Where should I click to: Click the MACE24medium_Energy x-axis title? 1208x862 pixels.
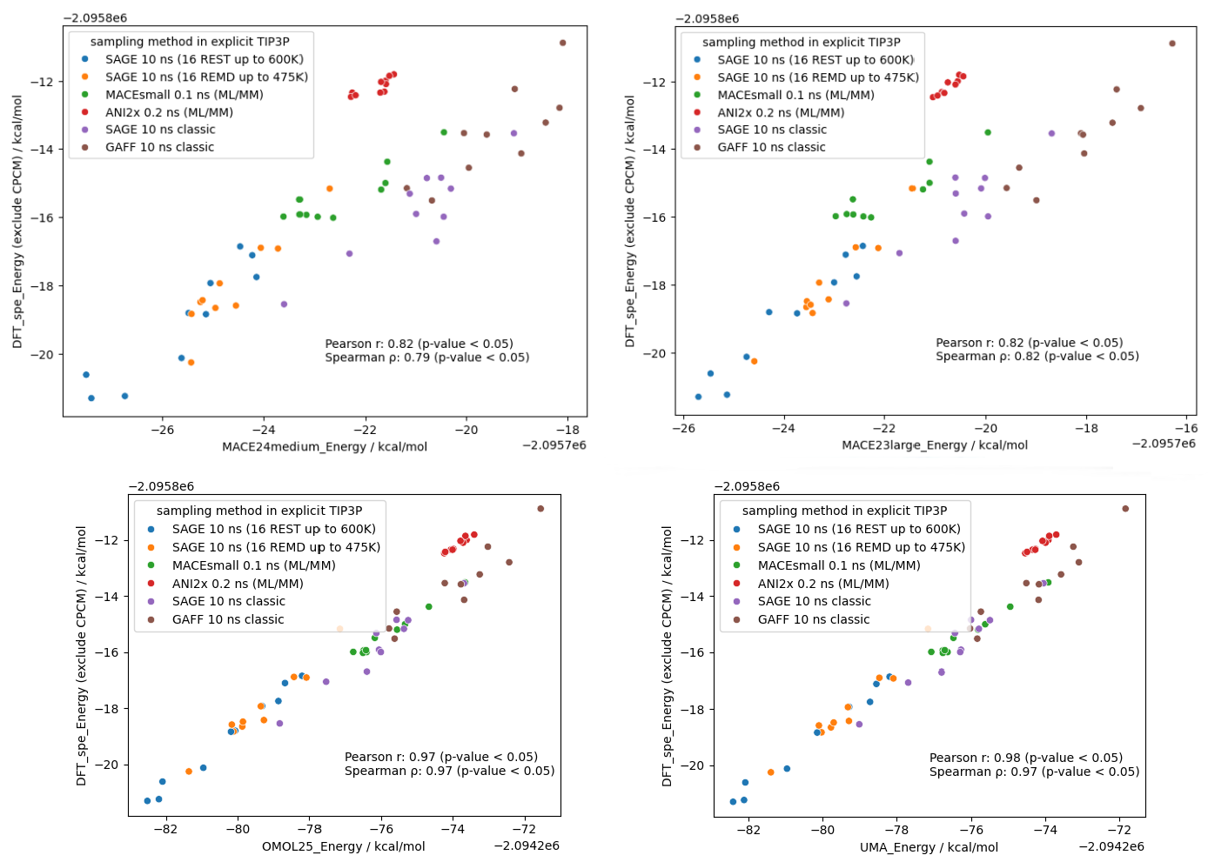pyautogui.click(x=325, y=446)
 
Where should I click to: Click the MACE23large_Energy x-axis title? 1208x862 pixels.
pyautogui.click(x=934, y=444)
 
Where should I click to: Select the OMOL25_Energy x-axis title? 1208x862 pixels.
pyautogui.click(x=343, y=846)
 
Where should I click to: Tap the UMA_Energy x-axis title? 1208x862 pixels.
pyautogui.click(x=929, y=847)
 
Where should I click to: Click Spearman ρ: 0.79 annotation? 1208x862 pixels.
pyautogui.click(x=426, y=357)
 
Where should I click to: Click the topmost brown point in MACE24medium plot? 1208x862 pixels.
pyautogui.click(x=562, y=43)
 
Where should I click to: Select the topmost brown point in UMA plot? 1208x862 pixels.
pyautogui.click(x=1125, y=509)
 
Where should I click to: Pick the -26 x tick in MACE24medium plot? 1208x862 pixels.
pyautogui.click(x=162, y=429)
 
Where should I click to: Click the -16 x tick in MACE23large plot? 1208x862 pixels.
pyautogui.click(x=1186, y=428)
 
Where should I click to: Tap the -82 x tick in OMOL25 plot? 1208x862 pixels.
pyautogui.click(x=165, y=829)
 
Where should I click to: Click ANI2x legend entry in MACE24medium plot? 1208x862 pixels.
pyautogui.click(x=169, y=112)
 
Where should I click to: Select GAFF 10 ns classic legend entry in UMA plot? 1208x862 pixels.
pyautogui.click(x=813, y=620)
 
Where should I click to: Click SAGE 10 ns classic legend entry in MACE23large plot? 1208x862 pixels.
pyautogui.click(x=771, y=130)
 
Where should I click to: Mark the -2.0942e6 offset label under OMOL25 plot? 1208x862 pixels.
pyautogui.click(x=527, y=845)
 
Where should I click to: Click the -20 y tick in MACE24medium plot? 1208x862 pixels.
pyautogui.click(x=42, y=355)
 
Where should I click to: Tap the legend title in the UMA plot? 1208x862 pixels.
pyautogui.click(x=844, y=511)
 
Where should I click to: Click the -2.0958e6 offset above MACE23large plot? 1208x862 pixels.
pyautogui.click(x=707, y=18)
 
